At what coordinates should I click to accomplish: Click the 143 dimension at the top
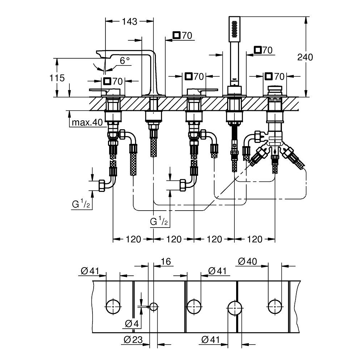click(x=129, y=22)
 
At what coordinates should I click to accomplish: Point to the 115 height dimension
click(x=57, y=77)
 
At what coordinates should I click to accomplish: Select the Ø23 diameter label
click(x=131, y=339)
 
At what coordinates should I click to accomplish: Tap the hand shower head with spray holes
click(x=234, y=29)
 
